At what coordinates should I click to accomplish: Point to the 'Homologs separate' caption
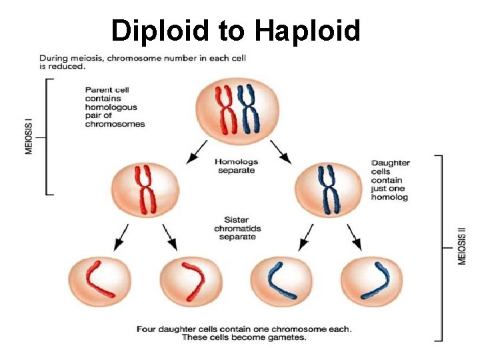point(237,165)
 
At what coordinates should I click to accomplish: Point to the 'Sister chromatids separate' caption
point(237,228)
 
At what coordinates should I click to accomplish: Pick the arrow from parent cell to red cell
point(197,153)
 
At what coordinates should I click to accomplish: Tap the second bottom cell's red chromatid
point(191,279)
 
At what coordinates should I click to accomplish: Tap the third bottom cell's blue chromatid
point(279,279)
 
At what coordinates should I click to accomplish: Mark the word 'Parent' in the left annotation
point(97,90)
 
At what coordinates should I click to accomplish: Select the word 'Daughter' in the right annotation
point(391,163)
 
